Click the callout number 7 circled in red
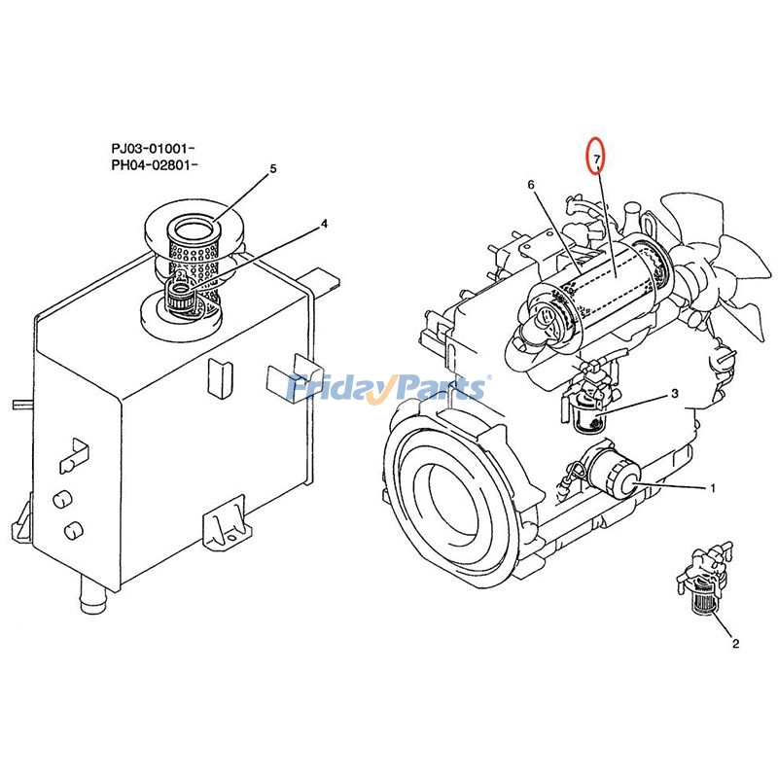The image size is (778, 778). [598, 156]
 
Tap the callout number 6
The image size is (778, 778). [531, 184]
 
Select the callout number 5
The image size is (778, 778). [273, 168]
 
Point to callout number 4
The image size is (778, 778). [324, 224]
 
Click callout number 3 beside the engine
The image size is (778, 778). [673, 395]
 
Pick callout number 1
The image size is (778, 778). [712, 487]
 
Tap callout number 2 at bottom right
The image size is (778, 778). [734, 643]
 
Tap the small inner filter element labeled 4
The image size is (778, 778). [181, 291]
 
